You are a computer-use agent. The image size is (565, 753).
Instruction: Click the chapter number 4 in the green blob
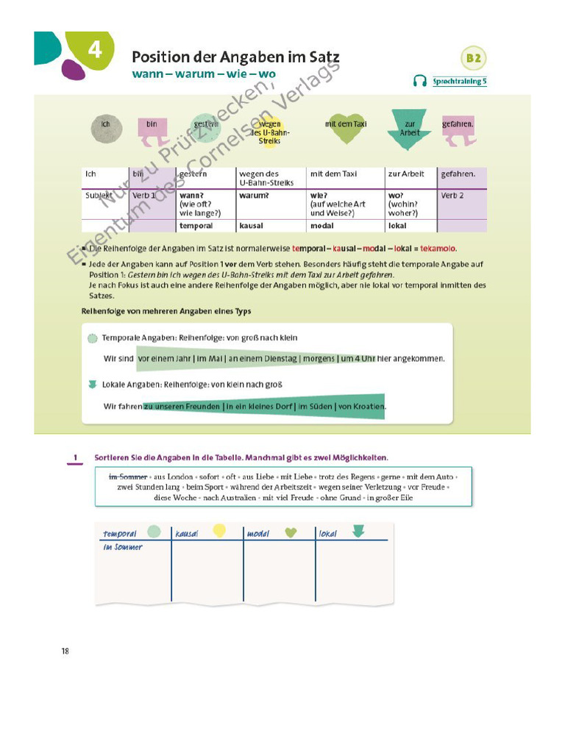[94, 50]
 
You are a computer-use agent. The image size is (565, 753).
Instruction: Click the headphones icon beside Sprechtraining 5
[421, 81]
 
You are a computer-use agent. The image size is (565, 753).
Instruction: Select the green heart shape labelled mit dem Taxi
[346, 128]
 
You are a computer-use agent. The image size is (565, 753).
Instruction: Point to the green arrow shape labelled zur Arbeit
[410, 129]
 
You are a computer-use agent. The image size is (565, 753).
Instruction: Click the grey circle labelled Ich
[106, 126]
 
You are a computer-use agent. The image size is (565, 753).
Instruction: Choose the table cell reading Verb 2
[453, 196]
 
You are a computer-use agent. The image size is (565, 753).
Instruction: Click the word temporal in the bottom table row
[196, 226]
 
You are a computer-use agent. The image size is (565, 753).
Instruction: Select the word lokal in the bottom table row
[397, 226]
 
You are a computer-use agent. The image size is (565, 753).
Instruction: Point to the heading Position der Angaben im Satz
[235, 57]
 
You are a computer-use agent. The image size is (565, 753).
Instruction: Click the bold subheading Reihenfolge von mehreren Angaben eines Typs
[166, 311]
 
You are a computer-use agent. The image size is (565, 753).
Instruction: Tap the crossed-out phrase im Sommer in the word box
[128, 477]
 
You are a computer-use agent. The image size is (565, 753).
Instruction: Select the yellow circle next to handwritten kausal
[219, 530]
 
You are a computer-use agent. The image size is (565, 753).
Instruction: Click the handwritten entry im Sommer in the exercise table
[122, 547]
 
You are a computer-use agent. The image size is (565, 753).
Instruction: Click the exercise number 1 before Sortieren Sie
[75, 457]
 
